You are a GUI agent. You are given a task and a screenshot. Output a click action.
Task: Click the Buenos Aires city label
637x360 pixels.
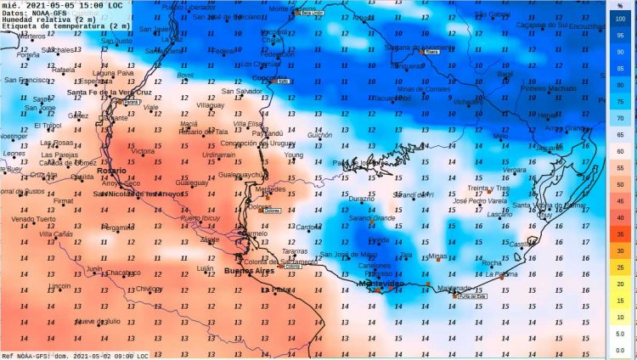pyautogui.click(x=251, y=271)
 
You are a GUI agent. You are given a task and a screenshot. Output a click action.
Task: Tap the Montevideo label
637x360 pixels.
pyautogui.click(x=382, y=284)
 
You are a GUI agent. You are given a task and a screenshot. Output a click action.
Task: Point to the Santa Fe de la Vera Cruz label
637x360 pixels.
pyautogui.click(x=109, y=93)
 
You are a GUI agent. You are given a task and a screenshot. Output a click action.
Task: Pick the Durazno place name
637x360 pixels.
pyautogui.click(x=362, y=199)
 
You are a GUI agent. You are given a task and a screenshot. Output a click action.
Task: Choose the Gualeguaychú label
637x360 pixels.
pyautogui.click(x=243, y=174)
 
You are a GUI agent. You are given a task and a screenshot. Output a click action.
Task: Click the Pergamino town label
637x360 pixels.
pyautogui.click(x=118, y=228)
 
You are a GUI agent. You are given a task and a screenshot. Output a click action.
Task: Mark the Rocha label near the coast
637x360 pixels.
pyautogui.click(x=491, y=262)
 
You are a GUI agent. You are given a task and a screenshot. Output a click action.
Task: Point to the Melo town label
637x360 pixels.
pyautogui.click(x=501, y=136)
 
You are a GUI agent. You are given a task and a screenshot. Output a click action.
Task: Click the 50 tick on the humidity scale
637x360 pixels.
pyautogui.click(x=620, y=184)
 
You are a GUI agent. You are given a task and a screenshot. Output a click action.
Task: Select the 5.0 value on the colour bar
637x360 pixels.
pyautogui.click(x=620, y=333)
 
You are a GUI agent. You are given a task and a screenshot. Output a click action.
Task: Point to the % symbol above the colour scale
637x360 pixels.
pyautogui.click(x=620, y=6)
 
